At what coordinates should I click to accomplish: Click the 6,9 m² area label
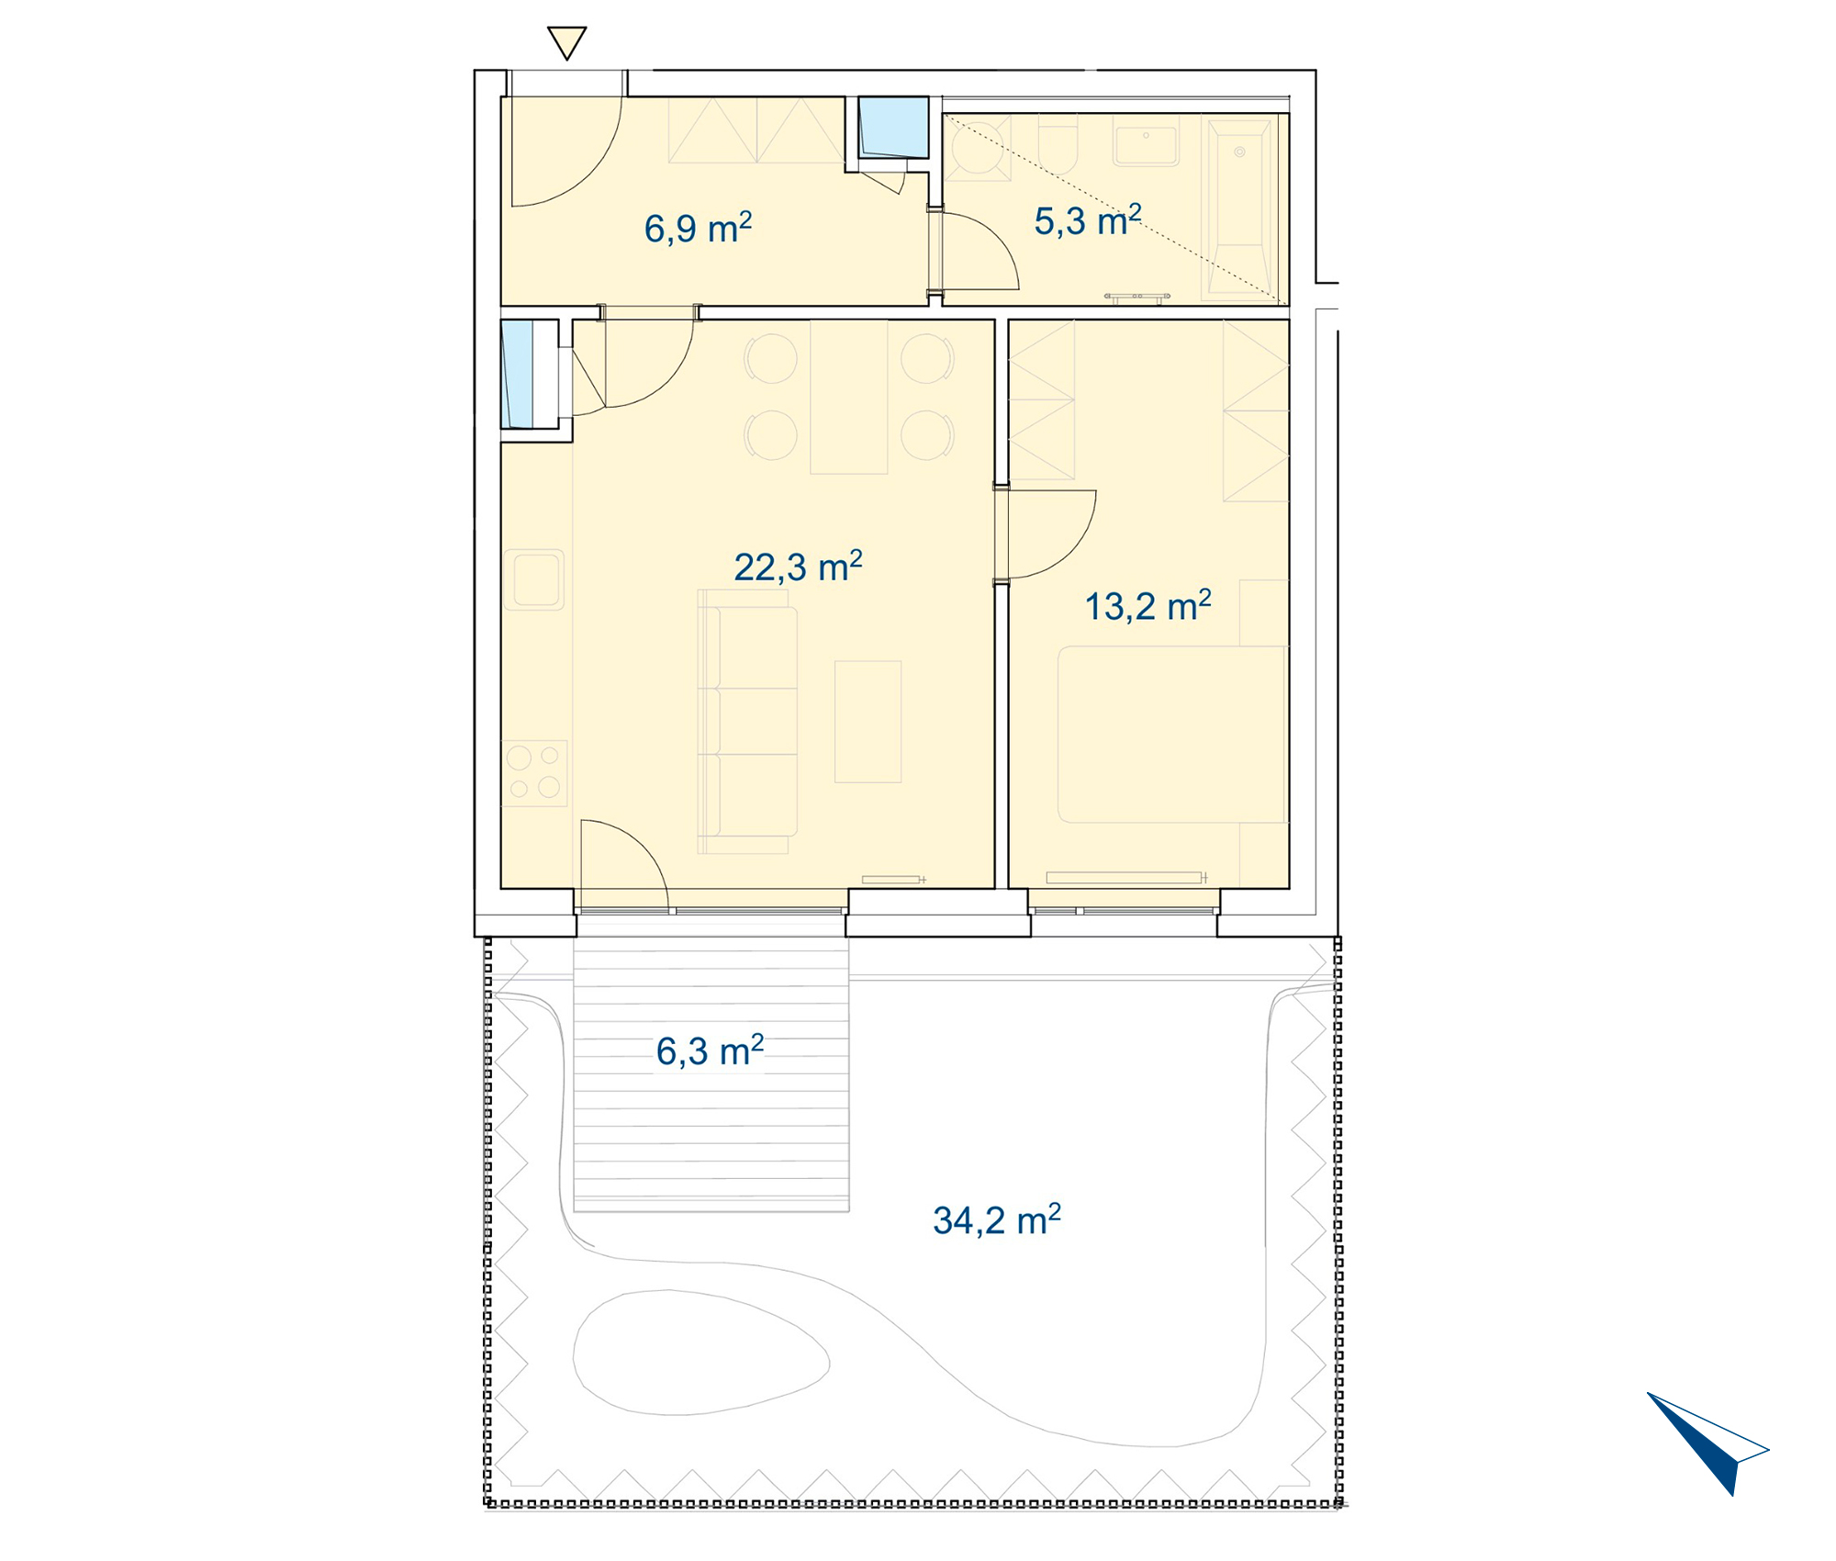point(698,228)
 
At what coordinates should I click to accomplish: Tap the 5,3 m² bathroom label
point(1088,221)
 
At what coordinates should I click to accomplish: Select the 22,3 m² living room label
point(798,567)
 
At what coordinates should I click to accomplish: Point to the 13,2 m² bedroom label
point(1148,606)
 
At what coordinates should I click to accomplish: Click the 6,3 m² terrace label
point(710,1050)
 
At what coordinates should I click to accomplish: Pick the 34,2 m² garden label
point(997,1220)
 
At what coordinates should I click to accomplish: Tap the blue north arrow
point(1707,1443)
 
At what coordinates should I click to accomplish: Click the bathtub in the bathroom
point(1239,208)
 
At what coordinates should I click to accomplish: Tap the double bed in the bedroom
point(1172,734)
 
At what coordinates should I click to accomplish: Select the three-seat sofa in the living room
point(747,722)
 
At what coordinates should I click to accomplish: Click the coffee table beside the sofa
point(868,722)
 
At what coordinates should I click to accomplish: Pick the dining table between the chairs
point(849,397)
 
